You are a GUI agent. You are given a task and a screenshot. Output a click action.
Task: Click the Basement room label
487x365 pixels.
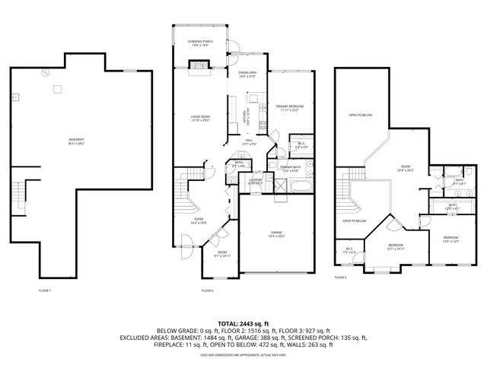[55, 141]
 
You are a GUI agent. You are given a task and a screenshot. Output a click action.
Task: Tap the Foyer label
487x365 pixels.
[198, 221]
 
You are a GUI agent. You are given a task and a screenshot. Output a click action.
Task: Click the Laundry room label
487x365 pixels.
[256, 181]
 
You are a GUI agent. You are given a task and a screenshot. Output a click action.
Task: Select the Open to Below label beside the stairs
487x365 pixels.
[355, 221]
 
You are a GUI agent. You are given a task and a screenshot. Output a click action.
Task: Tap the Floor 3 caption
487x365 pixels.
[340, 278]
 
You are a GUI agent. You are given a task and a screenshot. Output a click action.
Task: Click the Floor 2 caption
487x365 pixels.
[208, 290]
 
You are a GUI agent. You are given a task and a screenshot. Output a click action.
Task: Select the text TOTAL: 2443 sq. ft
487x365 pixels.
[243, 323]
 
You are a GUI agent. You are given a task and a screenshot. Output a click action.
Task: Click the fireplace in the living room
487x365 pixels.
[199, 66]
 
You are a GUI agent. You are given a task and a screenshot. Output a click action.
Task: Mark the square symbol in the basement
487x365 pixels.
[56, 90]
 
